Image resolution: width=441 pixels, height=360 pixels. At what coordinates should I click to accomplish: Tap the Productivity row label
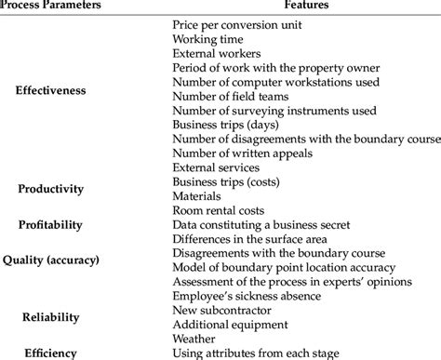point(50,189)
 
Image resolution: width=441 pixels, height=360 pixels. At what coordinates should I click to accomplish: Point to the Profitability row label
point(50,224)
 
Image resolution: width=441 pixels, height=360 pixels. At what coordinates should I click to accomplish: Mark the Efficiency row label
point(50,353)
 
